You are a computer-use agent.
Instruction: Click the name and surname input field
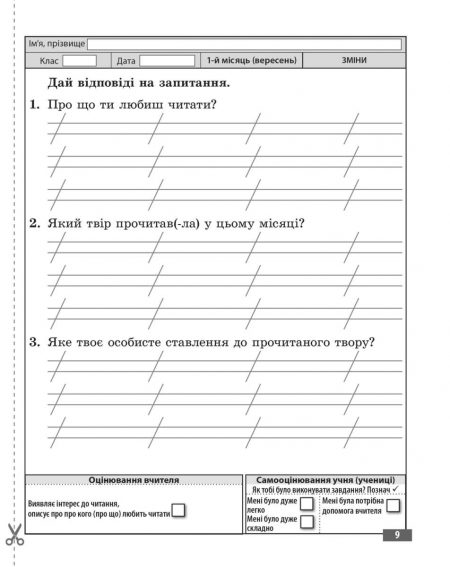tap(244, 44)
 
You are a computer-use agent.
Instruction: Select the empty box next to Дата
tap(167, 61)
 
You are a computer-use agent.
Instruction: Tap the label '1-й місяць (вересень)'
tap(252, 61)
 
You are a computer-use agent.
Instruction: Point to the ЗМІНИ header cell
tap(353, 61)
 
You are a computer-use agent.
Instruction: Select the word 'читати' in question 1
tap(196, 105)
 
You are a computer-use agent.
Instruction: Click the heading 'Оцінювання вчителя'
tap(133, 479)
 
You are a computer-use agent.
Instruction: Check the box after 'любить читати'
tap(179, 511)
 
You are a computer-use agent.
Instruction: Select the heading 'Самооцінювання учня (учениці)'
tap(326, 479)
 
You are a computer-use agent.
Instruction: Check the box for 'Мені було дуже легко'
tap(307, 504)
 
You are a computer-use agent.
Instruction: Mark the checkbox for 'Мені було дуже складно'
tap(307, 521)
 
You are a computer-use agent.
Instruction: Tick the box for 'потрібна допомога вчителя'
tap(393, 505)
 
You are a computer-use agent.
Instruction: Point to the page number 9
tap(397, 536)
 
